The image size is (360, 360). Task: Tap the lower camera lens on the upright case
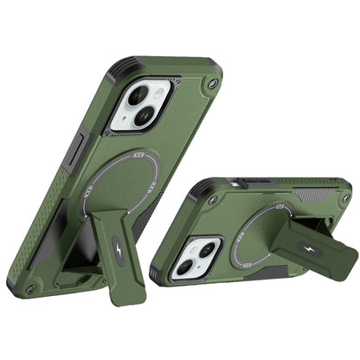tap(132, 118)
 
